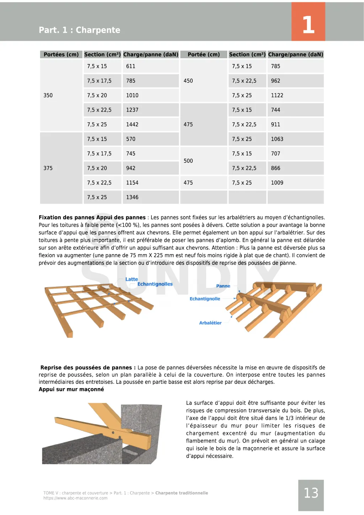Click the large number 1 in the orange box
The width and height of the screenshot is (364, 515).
pos(308,25)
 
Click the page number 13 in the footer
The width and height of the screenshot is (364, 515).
pos(311,493)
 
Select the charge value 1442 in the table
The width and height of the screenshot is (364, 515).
pos(132,124)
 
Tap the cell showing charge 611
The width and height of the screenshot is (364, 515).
pos(131,66)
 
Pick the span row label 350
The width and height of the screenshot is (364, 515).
pos(48,95)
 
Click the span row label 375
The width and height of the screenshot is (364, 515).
pos(48,168)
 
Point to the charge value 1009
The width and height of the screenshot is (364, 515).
pos(277,183)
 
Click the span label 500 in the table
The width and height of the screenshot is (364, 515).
pos(188,161)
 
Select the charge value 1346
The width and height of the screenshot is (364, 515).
pos(132,197)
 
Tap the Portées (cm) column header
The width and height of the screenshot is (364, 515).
pos(61,54)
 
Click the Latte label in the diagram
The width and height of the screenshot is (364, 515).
pos(132,279)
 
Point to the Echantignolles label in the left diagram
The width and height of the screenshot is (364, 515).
pos(155,284)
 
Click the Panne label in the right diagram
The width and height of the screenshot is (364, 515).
pos(223,286)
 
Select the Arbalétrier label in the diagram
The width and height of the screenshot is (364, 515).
pos(210,323)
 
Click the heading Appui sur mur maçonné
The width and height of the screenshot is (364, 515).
pos(71,389)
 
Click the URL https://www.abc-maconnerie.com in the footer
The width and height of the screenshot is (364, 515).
pos(75,498)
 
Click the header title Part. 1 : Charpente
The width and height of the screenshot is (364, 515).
pos(80,30)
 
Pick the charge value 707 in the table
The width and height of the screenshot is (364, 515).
pos(275,154)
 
